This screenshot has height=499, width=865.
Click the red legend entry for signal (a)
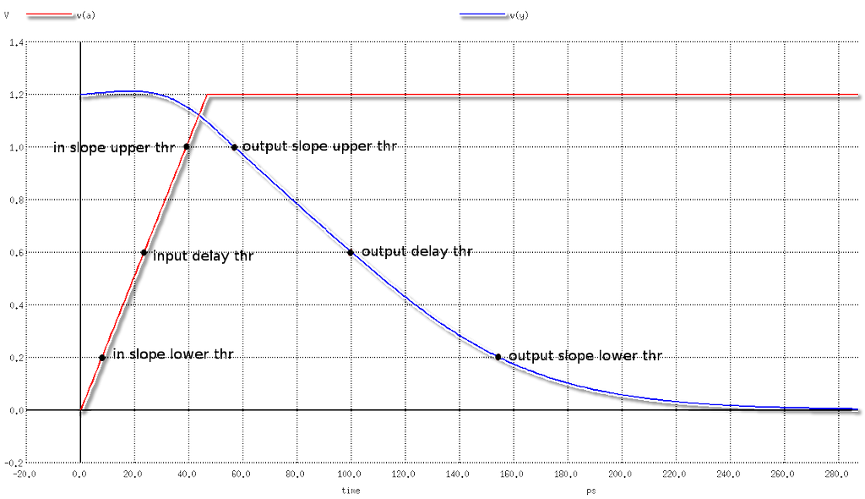click(51, 15)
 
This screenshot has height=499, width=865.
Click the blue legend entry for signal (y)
click(485, 15)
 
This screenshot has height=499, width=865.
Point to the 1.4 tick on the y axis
click(14, 42)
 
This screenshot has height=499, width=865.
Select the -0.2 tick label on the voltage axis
click(13, 463)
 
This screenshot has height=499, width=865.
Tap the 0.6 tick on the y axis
click(14, 252)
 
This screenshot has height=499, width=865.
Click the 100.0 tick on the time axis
click(350, 474)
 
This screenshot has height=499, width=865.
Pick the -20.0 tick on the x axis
click(26, 474)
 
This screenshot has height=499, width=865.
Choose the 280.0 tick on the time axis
click(836, 474)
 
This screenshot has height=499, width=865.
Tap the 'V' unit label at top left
click(8, 15)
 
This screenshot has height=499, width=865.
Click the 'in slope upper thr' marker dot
click(188, 147)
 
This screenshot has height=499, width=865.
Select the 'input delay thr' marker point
click(144, 253)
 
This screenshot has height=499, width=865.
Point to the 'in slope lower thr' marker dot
click(102, 358)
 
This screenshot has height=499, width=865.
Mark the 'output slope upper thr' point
click(235, 147)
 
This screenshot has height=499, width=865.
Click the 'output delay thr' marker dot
click(350, 252)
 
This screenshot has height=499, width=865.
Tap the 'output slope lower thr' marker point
click(498, 357)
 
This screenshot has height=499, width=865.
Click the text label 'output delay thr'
click(416, 252)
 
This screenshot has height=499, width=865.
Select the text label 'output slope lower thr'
click(585, 356)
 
